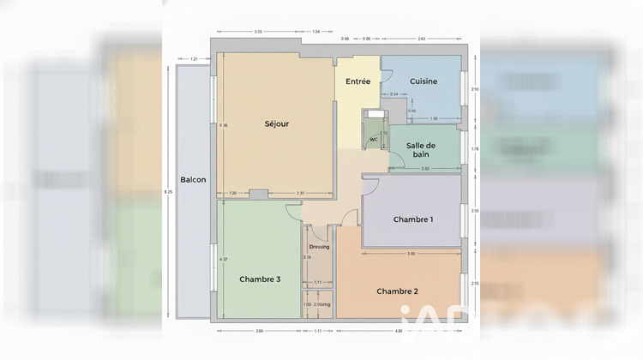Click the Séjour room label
click(x=276, y=123)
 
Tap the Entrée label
click(x=358, y=81)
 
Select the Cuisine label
click(x=424, y=81)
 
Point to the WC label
click(x=374, y=140)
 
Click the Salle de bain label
click(x=421, y=150)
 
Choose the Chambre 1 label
click(x=413, y=219)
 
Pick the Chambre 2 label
click(x=398, y=291)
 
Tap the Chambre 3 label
click(x=259, y=279)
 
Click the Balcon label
click(x=192, y=180)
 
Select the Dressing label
click(x=319, y=247)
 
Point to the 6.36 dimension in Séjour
click(x=224, y=126)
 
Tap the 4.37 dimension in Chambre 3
click(x=224, y=260)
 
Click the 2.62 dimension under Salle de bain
click(x=425, y=169)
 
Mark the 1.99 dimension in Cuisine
click(x=434, y=118)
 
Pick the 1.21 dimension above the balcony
click(x=194, y=59)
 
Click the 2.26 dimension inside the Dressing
click(x=307, y=257)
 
